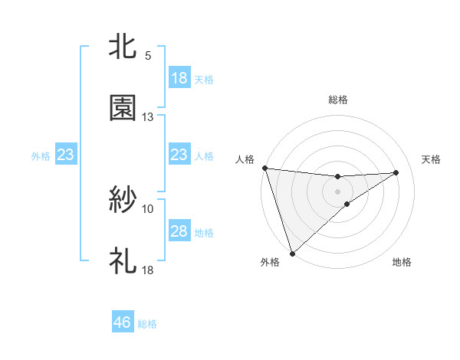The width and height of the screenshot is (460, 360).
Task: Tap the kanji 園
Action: click(x=123, y=108)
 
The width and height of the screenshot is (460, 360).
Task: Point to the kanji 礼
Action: click(x=123, y=261)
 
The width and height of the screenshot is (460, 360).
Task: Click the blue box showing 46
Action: click(x=123, y=322)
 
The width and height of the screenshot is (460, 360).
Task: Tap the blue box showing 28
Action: click(x=179, y=231)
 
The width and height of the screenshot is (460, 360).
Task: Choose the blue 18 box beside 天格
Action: click(x=179, y=78)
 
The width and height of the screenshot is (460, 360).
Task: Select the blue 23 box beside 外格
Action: click(x=66, y=155)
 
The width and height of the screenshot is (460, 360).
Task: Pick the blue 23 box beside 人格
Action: click(x=179, y=155)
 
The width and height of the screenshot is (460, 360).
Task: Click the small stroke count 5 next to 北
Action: click(x=148, y=56)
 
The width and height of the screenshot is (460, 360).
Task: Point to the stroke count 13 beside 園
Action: click(x=148, y=117)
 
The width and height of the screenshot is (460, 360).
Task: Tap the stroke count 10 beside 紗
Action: click(x=148, y=208)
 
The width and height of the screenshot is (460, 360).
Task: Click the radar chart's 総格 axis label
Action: click(x=338, y=100)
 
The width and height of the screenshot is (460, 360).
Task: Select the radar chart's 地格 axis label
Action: click(x=402, y=262)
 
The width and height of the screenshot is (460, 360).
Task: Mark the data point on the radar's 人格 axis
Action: click(x=264, y=168)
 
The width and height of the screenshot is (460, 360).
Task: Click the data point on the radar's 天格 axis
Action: click(x=396, y=172)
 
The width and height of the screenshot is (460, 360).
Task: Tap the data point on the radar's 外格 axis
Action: click(x=292, y=253)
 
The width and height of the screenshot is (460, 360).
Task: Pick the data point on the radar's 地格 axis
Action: click(x=347, y=204)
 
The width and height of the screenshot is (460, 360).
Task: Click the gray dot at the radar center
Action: click(x=338, y=191)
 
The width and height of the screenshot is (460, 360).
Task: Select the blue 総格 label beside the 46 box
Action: click(x=147, y=324)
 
